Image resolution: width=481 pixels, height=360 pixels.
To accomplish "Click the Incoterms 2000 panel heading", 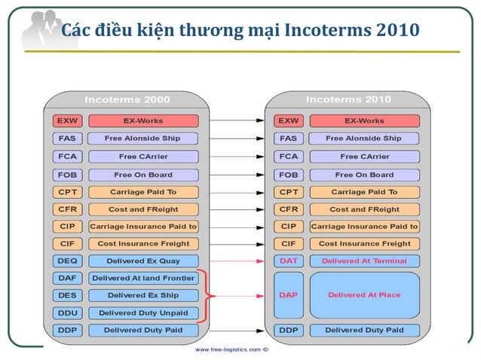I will pos(127,99).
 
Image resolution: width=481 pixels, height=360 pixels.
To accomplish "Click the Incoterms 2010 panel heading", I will pos(348,99).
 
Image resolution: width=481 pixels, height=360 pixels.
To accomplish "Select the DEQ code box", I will pos(64,261).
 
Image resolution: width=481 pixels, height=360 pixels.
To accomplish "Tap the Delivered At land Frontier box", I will pos(143,278).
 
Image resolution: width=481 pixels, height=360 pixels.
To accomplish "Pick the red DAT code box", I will pos(288,261).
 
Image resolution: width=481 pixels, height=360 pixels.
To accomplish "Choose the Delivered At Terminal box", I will pos(364,261).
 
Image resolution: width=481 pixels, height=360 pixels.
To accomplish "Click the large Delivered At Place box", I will pos(364,295).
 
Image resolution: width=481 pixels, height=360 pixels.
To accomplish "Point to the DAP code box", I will pos(288,295).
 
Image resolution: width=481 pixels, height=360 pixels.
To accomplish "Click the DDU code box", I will pos(64,313).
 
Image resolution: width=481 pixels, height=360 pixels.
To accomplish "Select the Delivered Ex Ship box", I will pos(143,295).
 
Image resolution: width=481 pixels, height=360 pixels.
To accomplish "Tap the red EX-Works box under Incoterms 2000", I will pos(143,121).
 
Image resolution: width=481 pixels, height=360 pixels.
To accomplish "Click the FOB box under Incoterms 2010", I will pos(288,175).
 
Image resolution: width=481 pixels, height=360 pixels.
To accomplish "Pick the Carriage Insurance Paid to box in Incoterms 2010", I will pos(364,226).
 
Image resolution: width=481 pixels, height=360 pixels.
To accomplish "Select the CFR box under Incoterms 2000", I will pos(64,209).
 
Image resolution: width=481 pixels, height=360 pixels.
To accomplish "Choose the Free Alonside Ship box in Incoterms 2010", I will pos(364,139).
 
